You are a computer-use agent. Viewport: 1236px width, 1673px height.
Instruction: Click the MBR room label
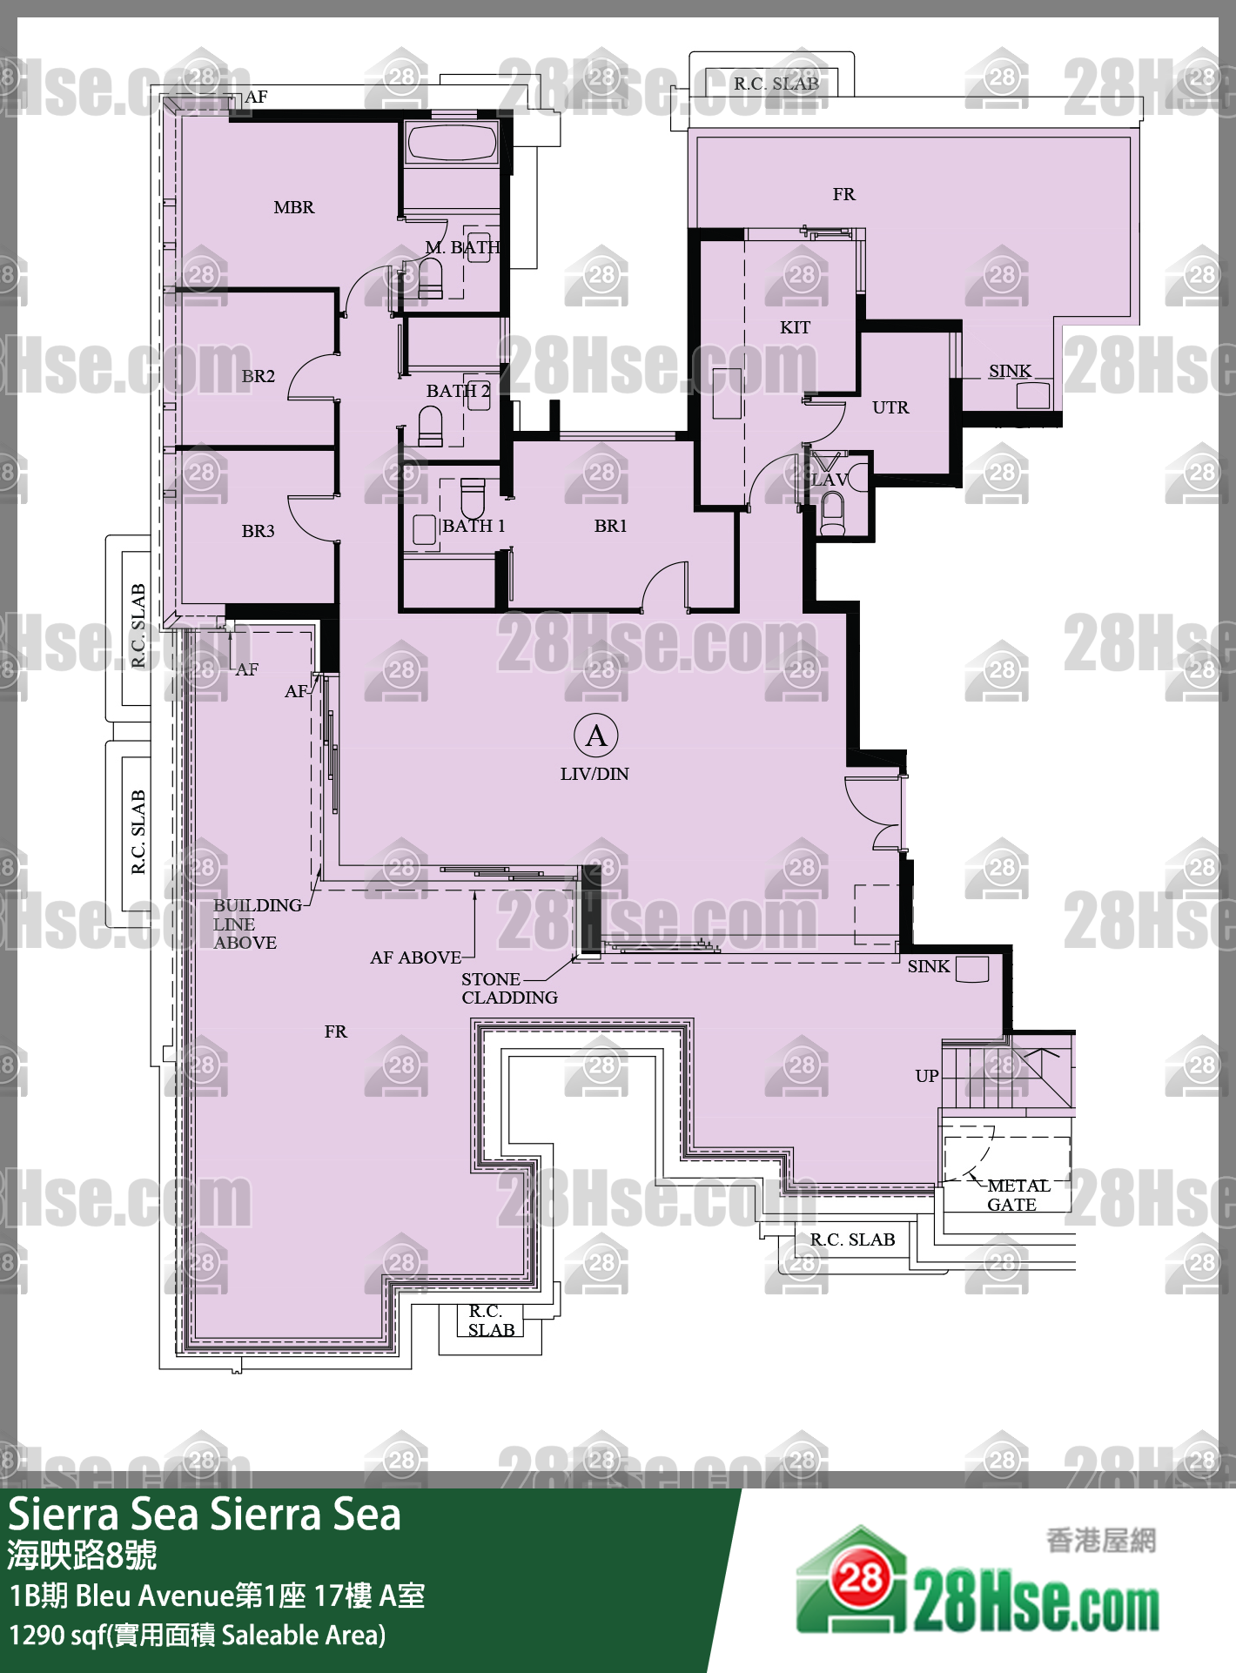pos(294,207)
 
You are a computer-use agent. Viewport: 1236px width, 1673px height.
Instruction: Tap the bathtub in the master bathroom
pos(452,144)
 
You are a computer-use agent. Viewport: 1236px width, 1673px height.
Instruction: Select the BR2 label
pos(259,376)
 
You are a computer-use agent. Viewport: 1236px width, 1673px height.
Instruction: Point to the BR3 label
pos(259,531)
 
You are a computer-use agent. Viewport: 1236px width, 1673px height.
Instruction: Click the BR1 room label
pos(610,526)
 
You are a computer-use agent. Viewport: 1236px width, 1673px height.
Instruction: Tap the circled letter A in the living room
pos(596,736)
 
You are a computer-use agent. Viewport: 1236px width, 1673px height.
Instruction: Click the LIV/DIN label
pos(594,774)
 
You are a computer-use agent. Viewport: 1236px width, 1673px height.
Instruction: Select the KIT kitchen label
pos(795,327)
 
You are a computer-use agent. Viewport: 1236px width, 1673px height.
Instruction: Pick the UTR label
pos(890,407)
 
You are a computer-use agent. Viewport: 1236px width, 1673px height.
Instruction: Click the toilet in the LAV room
pos(833,514)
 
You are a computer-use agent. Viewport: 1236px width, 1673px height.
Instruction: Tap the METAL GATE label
pos(1018,1195)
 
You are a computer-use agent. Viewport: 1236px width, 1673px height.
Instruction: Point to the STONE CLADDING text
pos(509,988)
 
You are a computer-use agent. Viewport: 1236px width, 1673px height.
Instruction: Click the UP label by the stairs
pos(927,1076)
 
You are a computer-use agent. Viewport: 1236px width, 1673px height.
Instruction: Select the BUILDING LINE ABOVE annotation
pos(258,924)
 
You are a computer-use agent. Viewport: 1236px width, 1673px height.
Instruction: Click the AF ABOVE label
pos(416,957)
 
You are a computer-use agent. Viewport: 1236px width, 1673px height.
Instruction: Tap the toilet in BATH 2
pos(431,427)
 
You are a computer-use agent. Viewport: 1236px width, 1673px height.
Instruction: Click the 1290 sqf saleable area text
pos(198,1636)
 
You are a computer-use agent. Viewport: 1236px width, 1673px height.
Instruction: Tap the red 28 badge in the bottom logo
pos(860,1578)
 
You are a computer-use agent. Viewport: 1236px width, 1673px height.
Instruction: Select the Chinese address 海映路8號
pos(82,1555)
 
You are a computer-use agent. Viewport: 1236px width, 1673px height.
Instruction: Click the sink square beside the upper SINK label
pos(1033,396)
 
